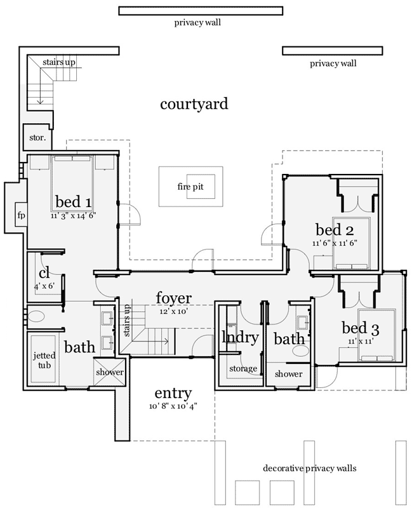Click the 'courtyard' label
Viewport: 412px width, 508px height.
pyautogui.click(x=194, y=104)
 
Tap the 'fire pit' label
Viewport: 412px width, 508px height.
pyautogui.click(x=190, y=187)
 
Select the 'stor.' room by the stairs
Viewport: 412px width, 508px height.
pyautogui.click(x=34, y=137)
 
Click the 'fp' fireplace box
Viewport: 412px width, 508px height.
pyautogui.click(x=20, y=215)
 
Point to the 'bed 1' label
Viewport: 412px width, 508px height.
pyautogui.click(x=73, y=203)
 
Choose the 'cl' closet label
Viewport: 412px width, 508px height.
pyautogui.click(x=43, y=272)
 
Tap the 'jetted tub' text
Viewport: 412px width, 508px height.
pyautogui.click(x=44, y=361)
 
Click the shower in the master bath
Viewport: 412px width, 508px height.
pyautogui.click(x=109, y=372)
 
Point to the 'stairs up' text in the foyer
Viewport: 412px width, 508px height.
pyautogui.click(x=126, y=319)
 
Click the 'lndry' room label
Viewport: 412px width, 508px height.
pyautogui.click(x=239, y=337)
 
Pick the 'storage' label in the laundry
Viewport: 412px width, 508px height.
pyautogui.click(x=243, y=368)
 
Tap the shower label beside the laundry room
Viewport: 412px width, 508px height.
pyautogui.click(x=289, y=373)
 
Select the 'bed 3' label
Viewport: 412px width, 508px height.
pyautogui.click(x=360, y=328)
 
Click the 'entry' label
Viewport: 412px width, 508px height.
pyautogui.click(x=173, y=394)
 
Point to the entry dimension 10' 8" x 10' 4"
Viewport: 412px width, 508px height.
pyautogui.click(x=173, y=406)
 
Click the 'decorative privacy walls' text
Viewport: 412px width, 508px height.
pyautogui.click(x=309, y=468)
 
